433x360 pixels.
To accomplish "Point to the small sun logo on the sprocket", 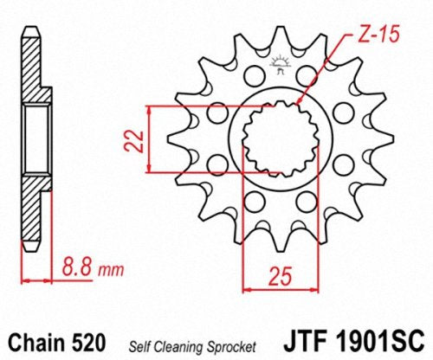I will click(x=279, y=62).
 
